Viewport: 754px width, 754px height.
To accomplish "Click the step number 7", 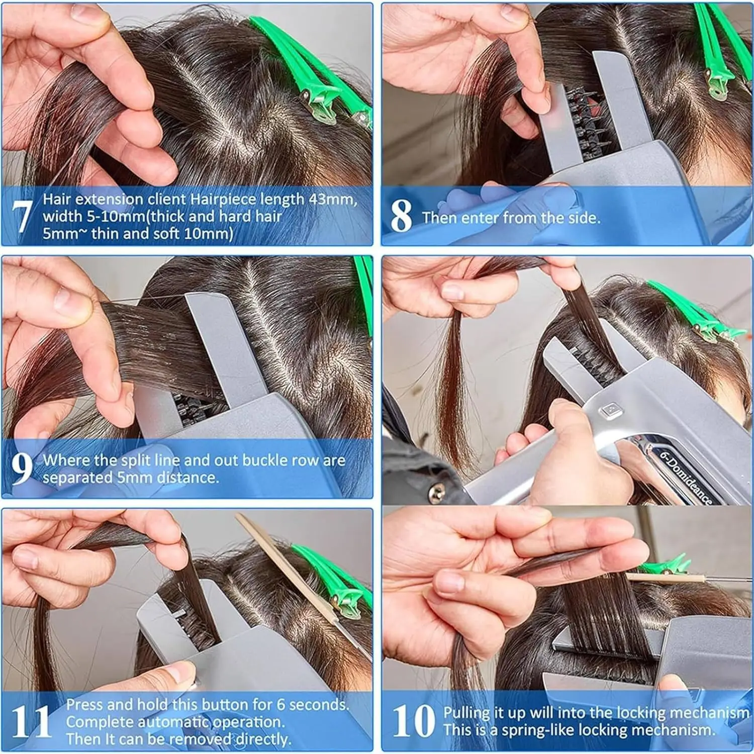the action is click(x=22, y=216).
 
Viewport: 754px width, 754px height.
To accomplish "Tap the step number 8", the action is click(x=401, y=216).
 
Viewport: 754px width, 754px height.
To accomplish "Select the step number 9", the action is click(x=22, y=468).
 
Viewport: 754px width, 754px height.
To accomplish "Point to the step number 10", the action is click(x=413, y=720).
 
